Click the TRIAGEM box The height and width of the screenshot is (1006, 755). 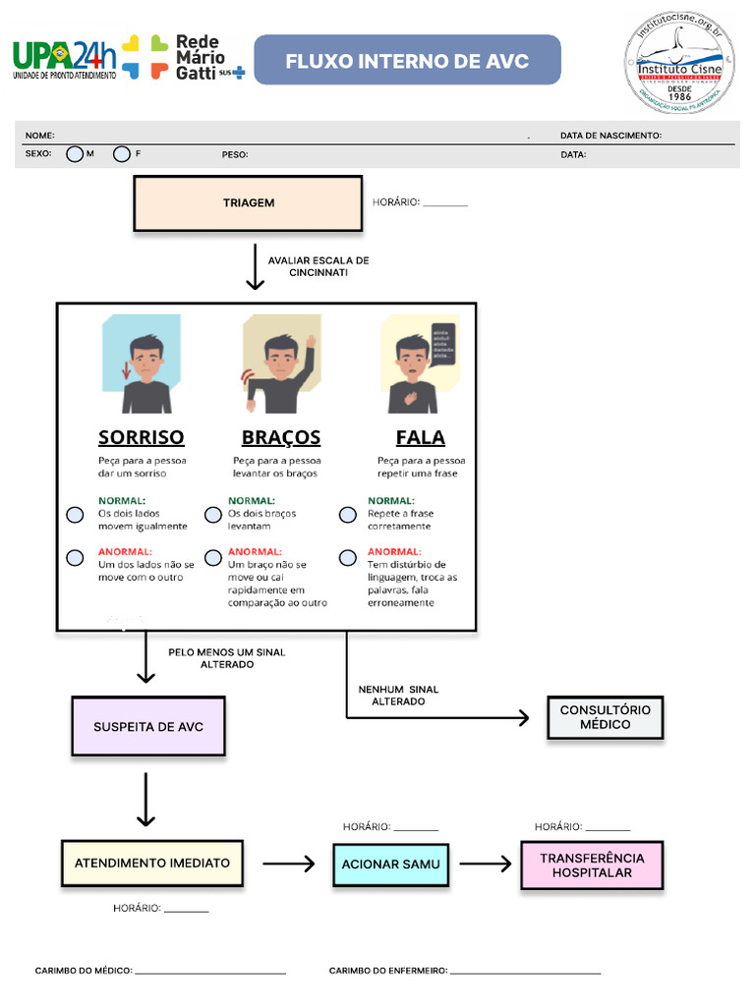tap(248, 203)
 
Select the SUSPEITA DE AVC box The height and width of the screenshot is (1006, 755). tap(147, 727)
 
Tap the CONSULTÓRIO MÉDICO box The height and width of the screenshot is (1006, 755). tap(605, 717)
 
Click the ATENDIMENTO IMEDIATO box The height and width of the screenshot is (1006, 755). tap(152, 864)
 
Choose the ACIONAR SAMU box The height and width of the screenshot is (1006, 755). tap(390, 865)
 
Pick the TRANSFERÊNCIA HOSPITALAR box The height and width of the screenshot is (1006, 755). tap(592, 866)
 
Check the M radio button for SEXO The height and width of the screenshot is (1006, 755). tap(75, 154)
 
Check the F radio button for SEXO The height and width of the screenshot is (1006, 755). tap(122, 154)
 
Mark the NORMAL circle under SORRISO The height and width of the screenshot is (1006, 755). tap(75, 515)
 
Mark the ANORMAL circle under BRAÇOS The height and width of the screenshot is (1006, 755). tap(213, 558)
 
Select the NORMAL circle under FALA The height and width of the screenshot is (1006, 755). tap(348, 515)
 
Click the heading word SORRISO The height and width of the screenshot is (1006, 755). tap(141, 437)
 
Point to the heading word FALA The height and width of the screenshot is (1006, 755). tap(420, 437)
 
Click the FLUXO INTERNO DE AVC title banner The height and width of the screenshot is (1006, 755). tap(407, 61)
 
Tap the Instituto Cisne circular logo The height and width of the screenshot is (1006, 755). tap(678, 62)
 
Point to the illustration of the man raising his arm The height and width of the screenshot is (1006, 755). tap(282, 364)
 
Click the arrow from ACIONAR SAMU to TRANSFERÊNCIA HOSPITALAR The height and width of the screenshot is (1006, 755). tap(486, 865)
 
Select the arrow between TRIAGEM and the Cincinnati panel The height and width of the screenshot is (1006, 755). tap(255, 267)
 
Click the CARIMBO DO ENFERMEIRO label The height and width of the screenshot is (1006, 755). tap(388, 971)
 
